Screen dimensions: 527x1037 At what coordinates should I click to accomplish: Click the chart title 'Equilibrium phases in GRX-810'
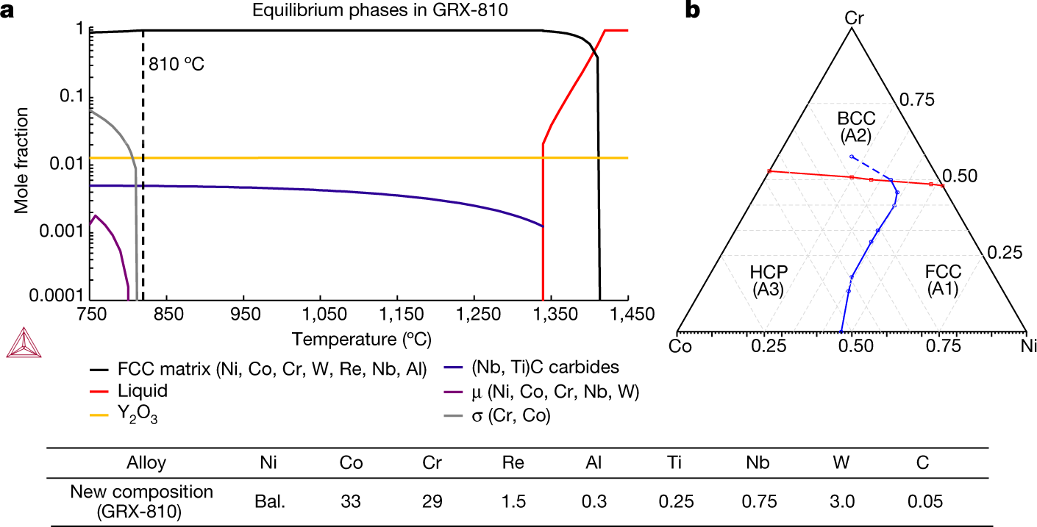pos(357,10)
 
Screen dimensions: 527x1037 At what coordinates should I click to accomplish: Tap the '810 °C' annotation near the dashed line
pos(176,63)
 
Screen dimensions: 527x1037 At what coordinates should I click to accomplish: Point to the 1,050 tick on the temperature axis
pos(320,315)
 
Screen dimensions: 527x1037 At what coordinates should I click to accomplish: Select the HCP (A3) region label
pos(768,280)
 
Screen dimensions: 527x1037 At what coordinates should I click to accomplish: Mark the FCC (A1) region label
pos(943,280)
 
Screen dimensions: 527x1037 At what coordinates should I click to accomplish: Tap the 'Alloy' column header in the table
pos(145,463)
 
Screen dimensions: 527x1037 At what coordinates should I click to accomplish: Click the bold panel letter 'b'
pos(691,10)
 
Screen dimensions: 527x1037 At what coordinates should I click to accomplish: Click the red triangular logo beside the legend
pos(19,343)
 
